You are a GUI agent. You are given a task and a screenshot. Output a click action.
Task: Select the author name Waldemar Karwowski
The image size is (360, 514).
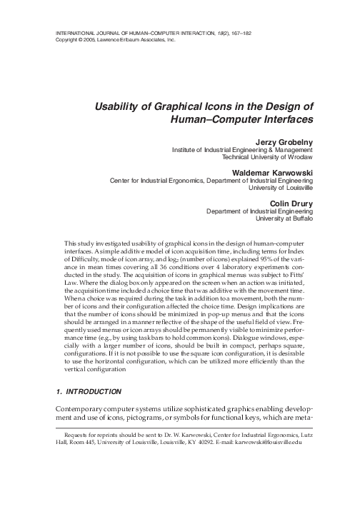tap(270, 172)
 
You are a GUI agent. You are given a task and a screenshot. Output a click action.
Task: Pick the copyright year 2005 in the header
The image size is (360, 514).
tap(93, 41)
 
